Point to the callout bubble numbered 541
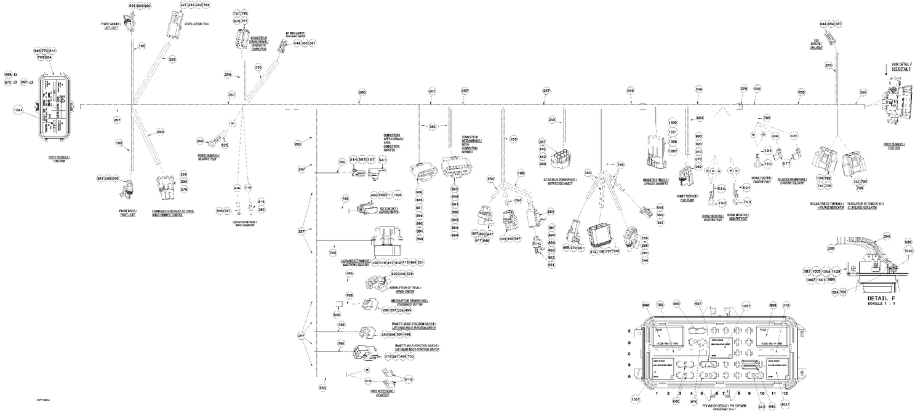click(x=382, y=159)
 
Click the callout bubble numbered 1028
click(x=398, y=195)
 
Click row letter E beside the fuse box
click(x=628, y=331)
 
